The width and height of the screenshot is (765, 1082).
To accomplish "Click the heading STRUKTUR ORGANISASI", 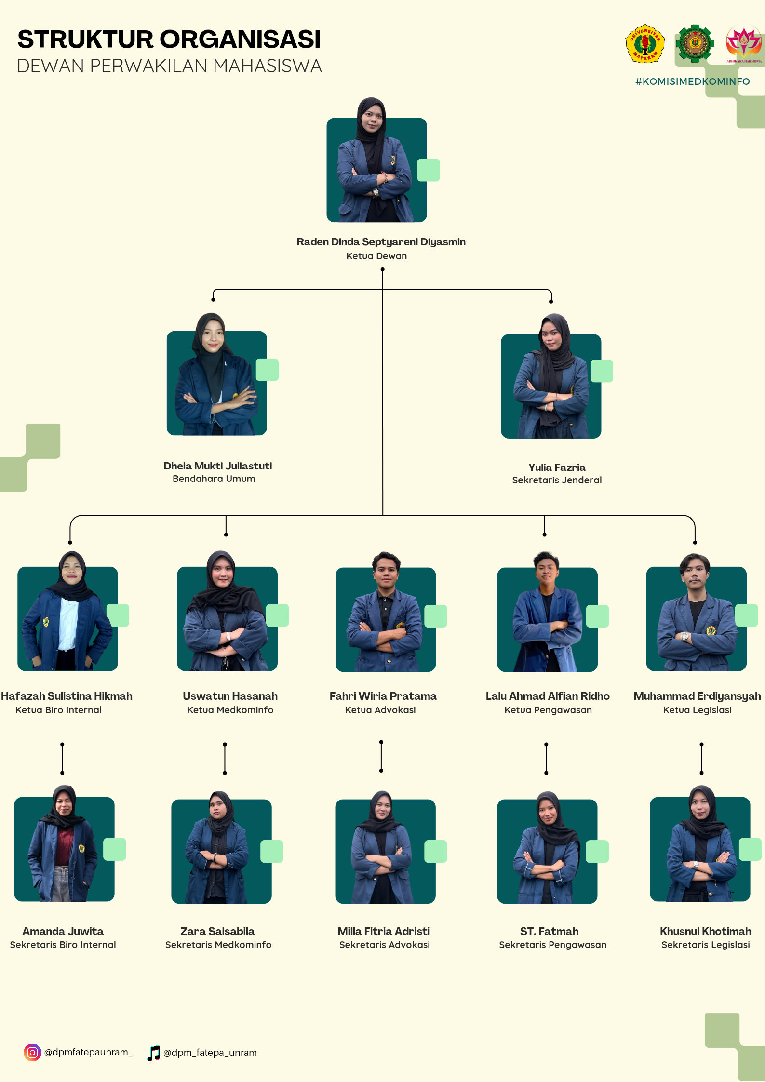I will click(169, 40).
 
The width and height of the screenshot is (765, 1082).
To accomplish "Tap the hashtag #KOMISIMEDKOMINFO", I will click(692, 81).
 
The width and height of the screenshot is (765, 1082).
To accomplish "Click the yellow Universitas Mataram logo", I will click(645, 44).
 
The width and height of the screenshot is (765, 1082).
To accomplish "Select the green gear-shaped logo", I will click(694, 43).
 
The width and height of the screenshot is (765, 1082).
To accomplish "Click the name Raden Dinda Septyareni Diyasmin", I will click(381, 242).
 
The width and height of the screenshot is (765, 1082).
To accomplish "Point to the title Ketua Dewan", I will click(376, 256).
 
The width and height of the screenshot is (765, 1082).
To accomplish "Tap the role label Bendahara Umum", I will click(214, 479).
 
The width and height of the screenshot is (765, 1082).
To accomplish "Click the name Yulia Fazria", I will click(557, 467).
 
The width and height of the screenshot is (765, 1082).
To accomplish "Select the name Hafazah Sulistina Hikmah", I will click(67, 696).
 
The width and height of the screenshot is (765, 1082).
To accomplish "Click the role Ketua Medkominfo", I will click(230, 710).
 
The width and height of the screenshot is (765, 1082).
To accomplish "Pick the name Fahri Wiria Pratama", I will click(383, 696).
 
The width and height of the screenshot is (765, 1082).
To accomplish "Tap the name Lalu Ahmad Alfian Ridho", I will click(548, 696).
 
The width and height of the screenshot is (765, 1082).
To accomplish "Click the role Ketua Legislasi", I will click(697, 710).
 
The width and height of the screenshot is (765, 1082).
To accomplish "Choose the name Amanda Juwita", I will click(63, 931).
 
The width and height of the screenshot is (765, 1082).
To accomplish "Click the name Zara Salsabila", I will click(217, 931).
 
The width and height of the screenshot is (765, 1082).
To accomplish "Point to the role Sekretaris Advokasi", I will click(384, 945).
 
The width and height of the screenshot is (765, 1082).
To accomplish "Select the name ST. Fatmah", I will click(549, 931).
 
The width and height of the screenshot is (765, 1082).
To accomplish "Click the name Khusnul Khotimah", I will click(705, 931).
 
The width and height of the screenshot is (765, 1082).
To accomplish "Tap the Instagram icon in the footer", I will click(32, 1053).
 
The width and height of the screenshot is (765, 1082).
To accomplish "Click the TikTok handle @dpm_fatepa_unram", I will click(210, 1053).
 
